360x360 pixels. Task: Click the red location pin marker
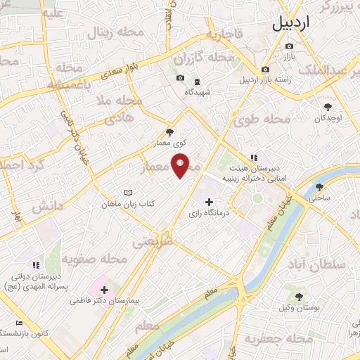[181, 165]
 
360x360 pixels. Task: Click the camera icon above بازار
[289, 46]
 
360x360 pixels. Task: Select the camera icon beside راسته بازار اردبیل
[265, 70]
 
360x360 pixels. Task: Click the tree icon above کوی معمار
[169, 131]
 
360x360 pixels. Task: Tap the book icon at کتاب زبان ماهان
[127, 193]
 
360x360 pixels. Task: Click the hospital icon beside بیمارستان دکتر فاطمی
[105, 289]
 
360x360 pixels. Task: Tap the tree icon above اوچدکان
[328, 107]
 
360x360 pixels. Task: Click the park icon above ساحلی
[320, 187]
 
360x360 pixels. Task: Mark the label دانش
[47, 207]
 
